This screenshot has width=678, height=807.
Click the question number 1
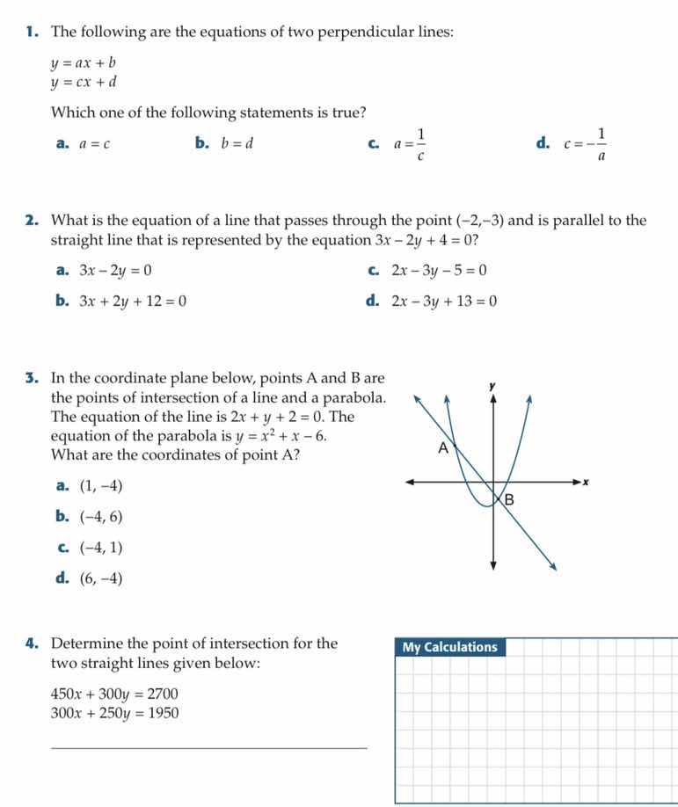[x=32, y=33]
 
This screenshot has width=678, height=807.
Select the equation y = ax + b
[x=84, y=63]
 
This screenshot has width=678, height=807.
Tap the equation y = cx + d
[x=84, y=84]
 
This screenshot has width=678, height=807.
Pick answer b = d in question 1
[x=237, y=144]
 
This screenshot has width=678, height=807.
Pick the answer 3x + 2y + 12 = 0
[x=133, y=302]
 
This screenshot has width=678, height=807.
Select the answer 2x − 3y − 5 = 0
[x=439, y=271]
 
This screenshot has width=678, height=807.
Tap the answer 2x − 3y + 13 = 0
[x=444, y=302]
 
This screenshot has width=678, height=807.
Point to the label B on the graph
[x=507, y=500]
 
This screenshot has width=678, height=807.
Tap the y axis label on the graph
[x=493, y=386]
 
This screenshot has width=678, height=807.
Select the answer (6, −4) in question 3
[x=101, y=578]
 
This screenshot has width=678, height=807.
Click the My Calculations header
[x=450, y=648]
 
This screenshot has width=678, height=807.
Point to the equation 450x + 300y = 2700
[x=115, y=694]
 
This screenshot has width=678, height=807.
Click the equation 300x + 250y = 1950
[x=115, y=713]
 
